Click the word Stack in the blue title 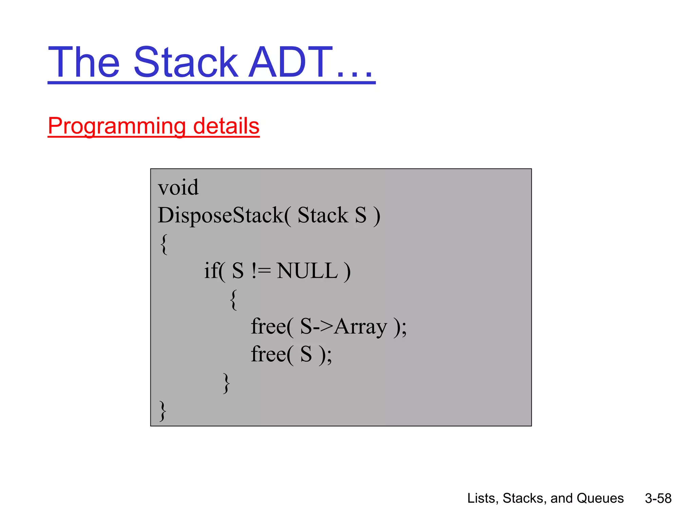pos(186,63)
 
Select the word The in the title pos(84,63)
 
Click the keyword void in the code pos(178,187)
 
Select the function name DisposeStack pos(221,215)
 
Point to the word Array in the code pos(361,327)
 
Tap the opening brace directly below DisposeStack pos(164,244)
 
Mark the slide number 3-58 pos(658,498)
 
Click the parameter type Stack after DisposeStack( pos(323,215)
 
